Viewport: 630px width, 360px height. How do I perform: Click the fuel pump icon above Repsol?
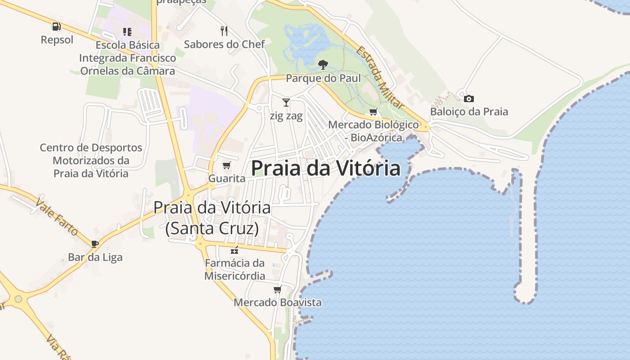[56, 27]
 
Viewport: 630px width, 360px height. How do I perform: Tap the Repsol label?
[57, 40]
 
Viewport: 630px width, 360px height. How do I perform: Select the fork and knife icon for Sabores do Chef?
[224, 31]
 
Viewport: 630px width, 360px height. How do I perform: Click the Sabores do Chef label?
[224, 44]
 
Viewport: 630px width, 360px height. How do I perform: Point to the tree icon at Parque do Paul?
[323, 65]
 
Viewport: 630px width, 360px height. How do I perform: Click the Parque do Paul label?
[323, 78]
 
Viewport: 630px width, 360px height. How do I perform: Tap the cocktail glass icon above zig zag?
[286, 102]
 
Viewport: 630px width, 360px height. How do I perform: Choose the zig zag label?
[286, 116]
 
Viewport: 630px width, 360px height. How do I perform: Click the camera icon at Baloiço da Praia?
[468, 99]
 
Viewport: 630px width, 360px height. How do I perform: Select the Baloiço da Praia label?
[469, 112]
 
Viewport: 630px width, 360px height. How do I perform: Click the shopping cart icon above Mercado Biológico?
[373, 112]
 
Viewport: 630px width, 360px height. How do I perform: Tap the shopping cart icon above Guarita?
[227, 166]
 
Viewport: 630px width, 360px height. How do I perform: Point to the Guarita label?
[227, 178]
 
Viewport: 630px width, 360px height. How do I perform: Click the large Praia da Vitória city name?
[325, 168]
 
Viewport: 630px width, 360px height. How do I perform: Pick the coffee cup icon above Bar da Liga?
[95, 244]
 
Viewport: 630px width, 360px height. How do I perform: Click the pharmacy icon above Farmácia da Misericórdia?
[234, 250]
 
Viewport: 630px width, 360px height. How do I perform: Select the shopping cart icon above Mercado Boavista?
[278, 289]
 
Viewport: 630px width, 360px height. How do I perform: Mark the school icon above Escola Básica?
[127, 31]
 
